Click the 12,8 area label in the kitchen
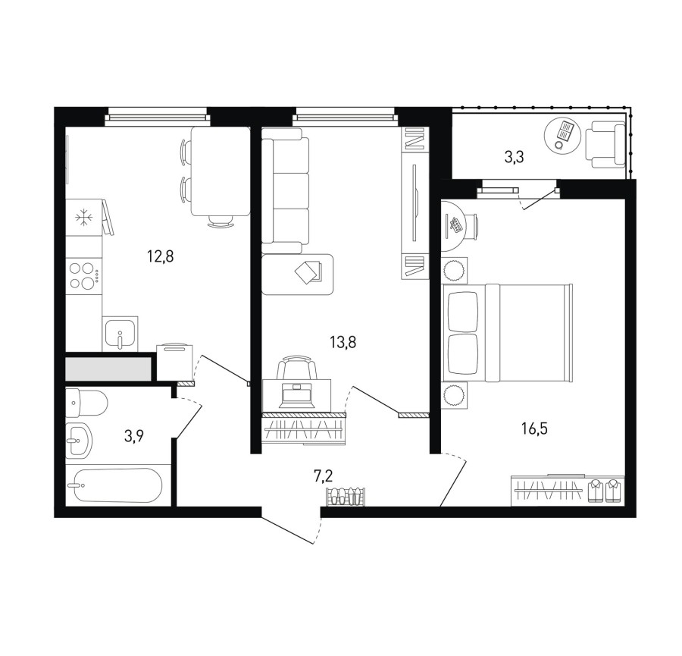[x=161, y=257]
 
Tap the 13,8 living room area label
[x=343, y=343]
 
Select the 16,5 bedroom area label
[x=534, y=428]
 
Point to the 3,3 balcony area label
[x=514, y=157]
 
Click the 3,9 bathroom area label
[x=134, y=435]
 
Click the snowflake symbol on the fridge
[x=82, y=217]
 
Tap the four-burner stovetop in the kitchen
[x=84, y=276]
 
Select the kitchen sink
[x=120, y=334]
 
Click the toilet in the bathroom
[x=86, y=403]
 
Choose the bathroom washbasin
[x=79, y=440]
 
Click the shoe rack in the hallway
[x=346, y=497]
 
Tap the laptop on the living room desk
[x=298, y=395]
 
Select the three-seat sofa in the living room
[x=286, y=196]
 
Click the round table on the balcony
[x=563, y=134]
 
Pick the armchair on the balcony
[x=605, y=145]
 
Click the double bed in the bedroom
[x=507, y=333]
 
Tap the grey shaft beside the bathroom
[x=108, y=369]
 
